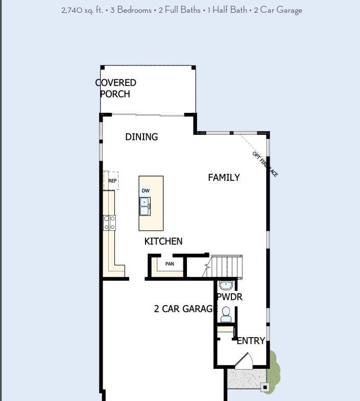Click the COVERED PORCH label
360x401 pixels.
[115, 88]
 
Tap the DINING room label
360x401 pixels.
[141, 137]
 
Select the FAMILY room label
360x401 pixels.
[224, 178]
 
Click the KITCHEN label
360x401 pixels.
[163, 241]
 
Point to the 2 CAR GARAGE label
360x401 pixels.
[185, 309]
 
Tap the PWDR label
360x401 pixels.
[229, 297]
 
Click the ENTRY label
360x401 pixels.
[251, 341]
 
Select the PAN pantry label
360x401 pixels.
[170, 264]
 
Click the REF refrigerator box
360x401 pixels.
[111, 181]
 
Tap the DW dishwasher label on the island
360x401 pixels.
[146, 191]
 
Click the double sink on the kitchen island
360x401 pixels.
[145, 207]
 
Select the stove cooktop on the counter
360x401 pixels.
[109, 223]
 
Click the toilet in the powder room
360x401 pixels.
[226, 314]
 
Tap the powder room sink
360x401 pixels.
[226, 285]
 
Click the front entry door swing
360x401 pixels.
[244, 361]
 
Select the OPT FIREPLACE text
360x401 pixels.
[265, 164]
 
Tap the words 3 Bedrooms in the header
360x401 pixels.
[132, 10]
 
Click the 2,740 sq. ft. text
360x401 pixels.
[82, 10]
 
